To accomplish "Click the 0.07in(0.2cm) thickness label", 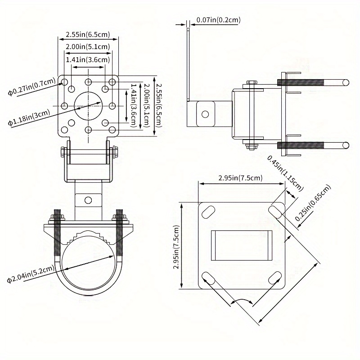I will (x=218, y=20).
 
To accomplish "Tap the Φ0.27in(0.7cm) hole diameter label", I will (x=31, y=88).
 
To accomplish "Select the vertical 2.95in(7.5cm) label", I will (x=176, y=247).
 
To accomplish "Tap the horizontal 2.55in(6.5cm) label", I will (x=87, y=34).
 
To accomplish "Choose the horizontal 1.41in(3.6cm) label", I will (x=88, y=59).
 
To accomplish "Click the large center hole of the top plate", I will (x=88, y=106).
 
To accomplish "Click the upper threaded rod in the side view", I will (x=301, y=82).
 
